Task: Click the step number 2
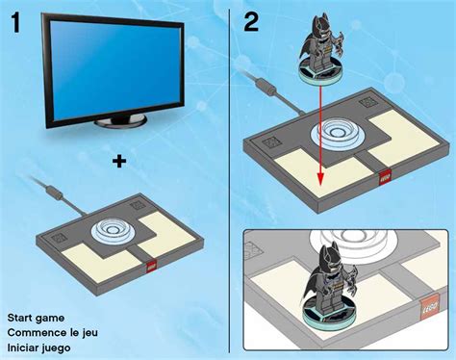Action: click(253, 20)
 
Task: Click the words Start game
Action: click(36, 317)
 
